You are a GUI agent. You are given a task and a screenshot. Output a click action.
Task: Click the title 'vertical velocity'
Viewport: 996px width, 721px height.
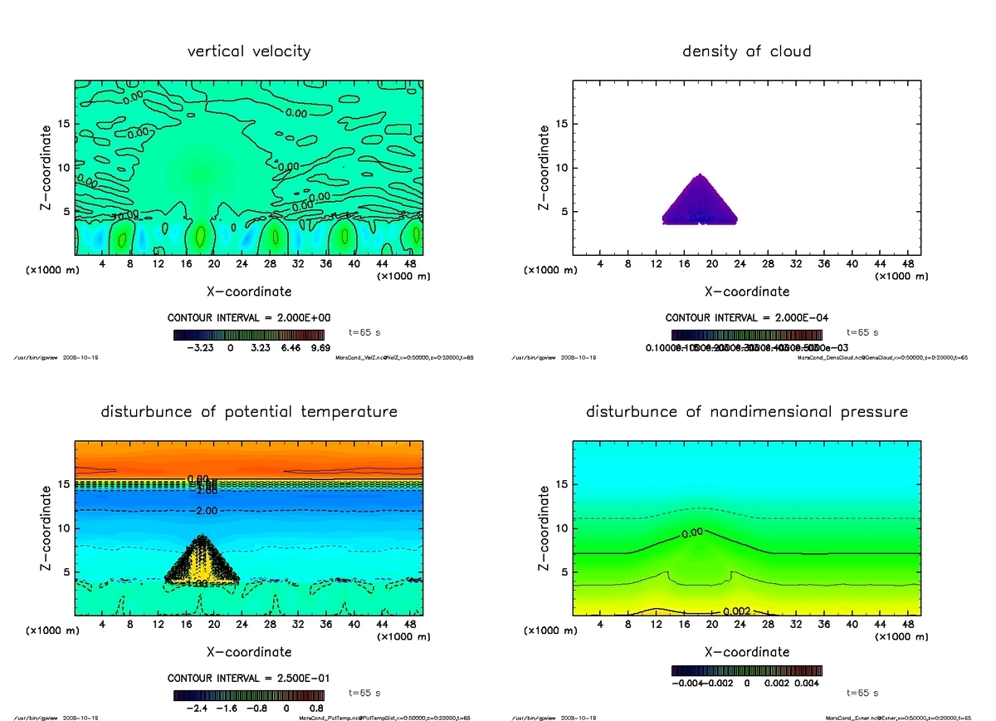click(249, 51)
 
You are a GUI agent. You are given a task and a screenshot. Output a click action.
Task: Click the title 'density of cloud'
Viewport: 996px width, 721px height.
click(746, 51)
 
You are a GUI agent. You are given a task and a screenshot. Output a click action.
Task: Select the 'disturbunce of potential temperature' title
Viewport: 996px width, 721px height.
click(249, 412)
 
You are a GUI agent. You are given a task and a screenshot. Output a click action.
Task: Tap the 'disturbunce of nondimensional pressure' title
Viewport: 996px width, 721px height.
click(746, 412)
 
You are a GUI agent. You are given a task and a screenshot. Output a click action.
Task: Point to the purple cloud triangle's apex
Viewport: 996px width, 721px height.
click(701, 174)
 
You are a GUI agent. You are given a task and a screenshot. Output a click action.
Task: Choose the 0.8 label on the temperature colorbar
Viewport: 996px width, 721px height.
click(316, 709)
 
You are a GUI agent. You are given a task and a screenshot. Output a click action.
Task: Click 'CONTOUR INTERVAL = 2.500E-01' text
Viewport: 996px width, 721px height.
click(249, 679)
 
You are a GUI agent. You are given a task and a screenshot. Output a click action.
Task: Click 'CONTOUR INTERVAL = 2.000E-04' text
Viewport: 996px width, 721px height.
click(746, 318)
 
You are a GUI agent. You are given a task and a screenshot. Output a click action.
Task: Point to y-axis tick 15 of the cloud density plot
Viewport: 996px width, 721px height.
click(563, 125)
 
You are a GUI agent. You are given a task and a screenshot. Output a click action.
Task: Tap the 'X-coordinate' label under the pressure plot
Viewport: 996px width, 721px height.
click(746, 652)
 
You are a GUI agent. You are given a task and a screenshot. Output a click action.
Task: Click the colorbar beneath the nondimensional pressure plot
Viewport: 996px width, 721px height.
click(746, 670)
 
